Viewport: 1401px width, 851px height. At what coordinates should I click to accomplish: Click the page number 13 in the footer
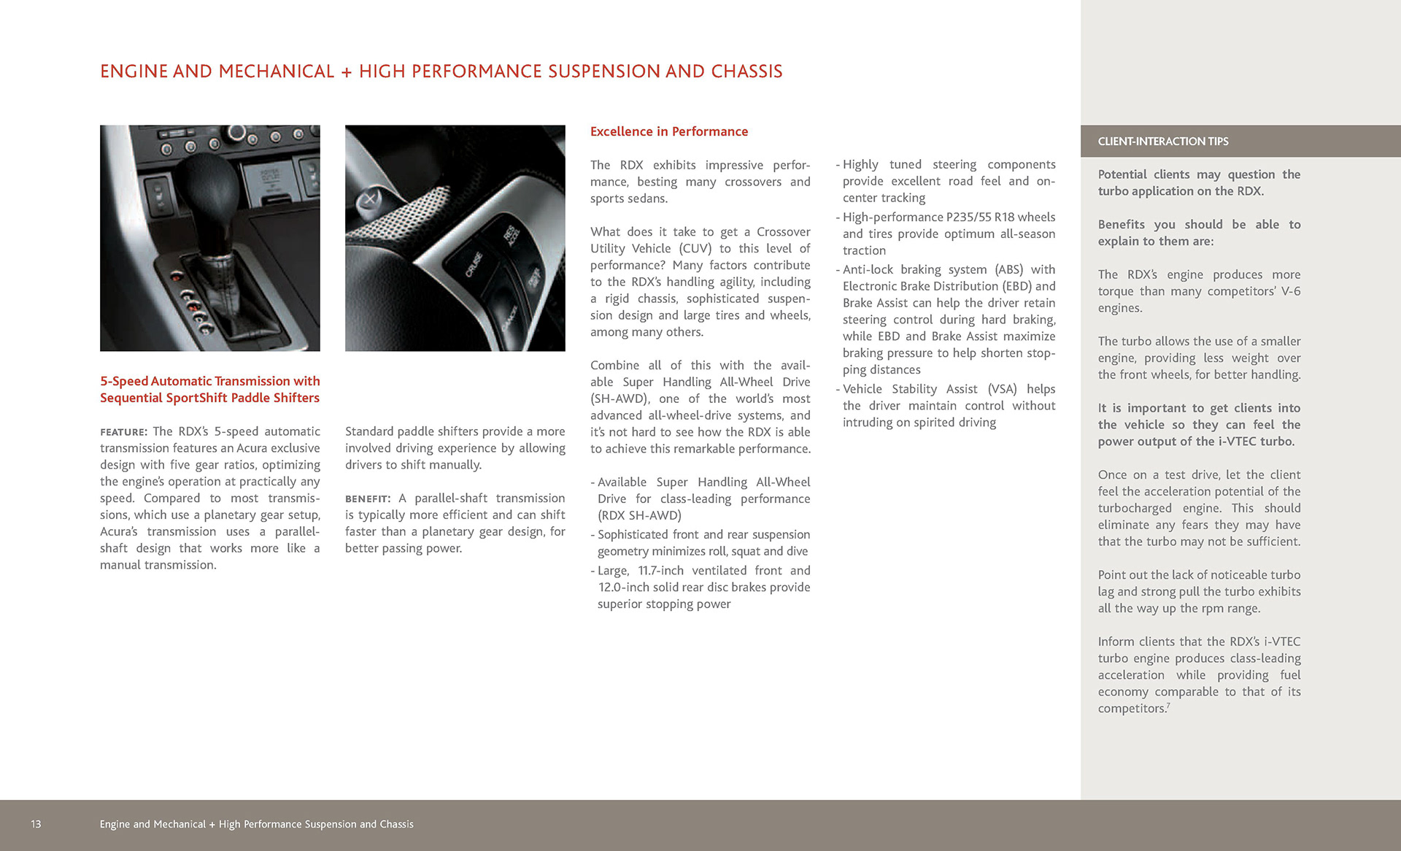click(x=36, y=824)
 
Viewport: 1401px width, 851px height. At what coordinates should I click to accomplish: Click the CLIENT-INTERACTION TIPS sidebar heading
click(x=1163, y=142)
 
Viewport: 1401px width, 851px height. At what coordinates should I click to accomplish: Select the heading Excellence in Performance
click(x=668, y=131)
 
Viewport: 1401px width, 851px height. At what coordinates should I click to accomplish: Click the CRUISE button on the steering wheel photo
click(x=474, y=264)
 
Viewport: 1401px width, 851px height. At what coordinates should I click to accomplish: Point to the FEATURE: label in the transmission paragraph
click(x=123, y=432)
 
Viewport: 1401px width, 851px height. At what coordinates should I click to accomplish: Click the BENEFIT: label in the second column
click(x=368, y=499)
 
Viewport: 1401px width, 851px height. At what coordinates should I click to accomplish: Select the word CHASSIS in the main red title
click(x=746, y=72)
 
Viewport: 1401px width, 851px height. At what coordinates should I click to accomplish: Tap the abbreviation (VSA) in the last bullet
click(x=1002, y=389)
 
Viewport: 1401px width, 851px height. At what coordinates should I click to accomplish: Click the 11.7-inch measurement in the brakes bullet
click(x=660, y=571)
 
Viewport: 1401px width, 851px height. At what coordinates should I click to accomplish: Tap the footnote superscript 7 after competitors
click(x=1168, y=706)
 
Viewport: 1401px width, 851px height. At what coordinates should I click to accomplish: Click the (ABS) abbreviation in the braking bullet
click(x=1009, y=270)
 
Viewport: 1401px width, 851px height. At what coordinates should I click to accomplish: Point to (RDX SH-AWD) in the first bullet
click(x=639, y=516)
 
